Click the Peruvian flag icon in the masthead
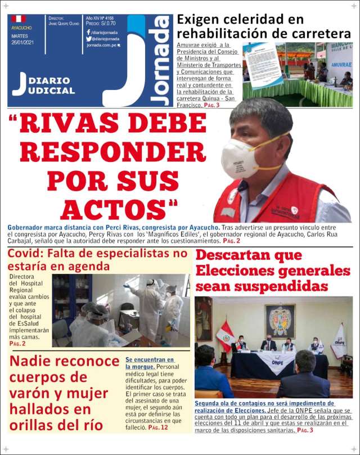pos(19,19)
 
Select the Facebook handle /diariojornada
pos(105,32)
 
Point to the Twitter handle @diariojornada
pos(106,39)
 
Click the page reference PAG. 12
pos(159,427)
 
